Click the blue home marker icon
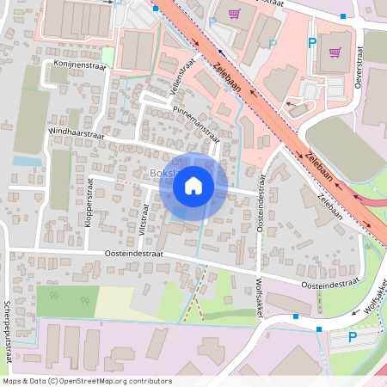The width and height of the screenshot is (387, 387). [193, 185]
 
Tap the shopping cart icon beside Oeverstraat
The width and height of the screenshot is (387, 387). [335, 51]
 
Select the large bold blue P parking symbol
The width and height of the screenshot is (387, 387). [312, 42]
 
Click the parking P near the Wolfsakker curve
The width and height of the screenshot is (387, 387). [352, 338]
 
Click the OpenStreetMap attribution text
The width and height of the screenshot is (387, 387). [87, 381]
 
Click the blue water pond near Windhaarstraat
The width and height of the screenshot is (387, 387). [26, 161]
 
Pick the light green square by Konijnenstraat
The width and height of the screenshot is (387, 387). [107, 55]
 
